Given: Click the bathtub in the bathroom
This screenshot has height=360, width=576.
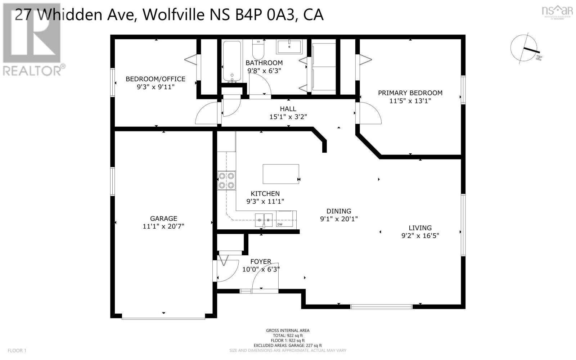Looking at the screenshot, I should [232, 61].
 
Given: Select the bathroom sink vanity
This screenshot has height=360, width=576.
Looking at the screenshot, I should [289, 46].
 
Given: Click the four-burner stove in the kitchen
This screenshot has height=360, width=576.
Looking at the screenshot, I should [226, 180].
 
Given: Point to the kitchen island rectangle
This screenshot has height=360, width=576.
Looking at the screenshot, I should [280, 174].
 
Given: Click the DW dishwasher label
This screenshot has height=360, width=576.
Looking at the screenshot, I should [280, 224].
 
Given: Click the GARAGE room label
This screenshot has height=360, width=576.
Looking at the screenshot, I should [163, 219].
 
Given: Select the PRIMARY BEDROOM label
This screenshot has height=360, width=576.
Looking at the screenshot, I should [410, 93].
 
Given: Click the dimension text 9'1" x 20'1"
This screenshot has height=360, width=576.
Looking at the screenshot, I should [339, 219].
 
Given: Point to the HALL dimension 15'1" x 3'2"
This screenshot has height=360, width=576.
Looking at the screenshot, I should [288, 117].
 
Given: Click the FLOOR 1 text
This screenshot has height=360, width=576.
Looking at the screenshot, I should [17, 350].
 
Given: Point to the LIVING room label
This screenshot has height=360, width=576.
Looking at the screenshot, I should [420, 228].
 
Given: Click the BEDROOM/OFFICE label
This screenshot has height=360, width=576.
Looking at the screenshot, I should [155, 79].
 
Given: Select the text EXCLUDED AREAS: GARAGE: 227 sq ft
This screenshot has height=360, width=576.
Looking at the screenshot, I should [288, 345].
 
